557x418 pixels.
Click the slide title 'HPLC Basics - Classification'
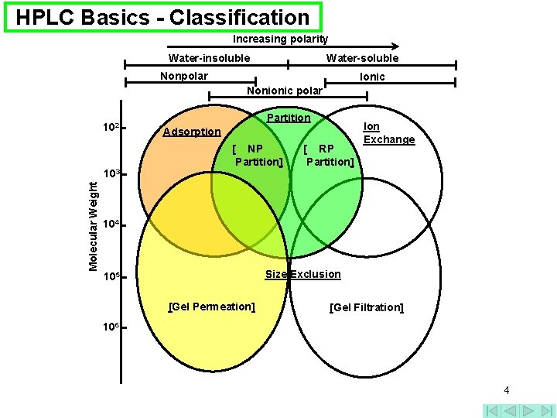[x=162, y=17]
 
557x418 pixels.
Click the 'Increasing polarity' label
[x=281, y=39]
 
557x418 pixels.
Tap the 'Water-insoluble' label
[x=209, y=58]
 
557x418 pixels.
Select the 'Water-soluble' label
[x=362, y=58]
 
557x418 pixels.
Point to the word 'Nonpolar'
[x=183, y=76]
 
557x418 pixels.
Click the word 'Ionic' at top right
[x=372, y=77]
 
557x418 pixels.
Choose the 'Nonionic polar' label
[x=285, y=91]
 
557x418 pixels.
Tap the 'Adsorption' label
[x=192, y=132]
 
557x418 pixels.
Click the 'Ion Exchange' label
[x=388, y=133]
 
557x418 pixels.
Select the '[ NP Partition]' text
[x=258, y=155]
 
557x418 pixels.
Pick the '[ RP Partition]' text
[x=329, y=155]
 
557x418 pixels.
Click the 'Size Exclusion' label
[x=302, y=274]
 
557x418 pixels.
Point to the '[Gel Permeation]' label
[x=212, y=307]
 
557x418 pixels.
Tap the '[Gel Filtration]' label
[x=366, y=307]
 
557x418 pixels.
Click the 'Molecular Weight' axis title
[x=93, y=225]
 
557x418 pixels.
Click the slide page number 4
[x=506, y=390]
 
